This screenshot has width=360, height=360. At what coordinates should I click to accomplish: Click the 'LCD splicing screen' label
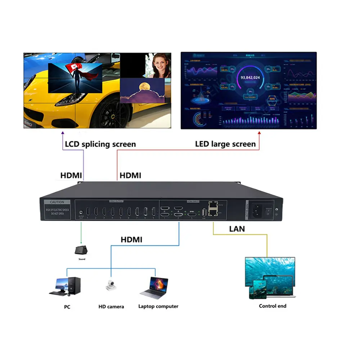[100, 144]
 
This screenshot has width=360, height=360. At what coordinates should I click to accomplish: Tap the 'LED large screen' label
[225, 144]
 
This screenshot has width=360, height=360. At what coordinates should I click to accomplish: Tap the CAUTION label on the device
[57, 202]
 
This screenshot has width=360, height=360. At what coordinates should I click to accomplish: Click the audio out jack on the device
[81, 212]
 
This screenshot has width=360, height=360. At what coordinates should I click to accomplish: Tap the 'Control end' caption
[273, 306]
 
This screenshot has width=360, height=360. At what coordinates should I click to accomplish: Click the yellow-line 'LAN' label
[237, 229]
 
